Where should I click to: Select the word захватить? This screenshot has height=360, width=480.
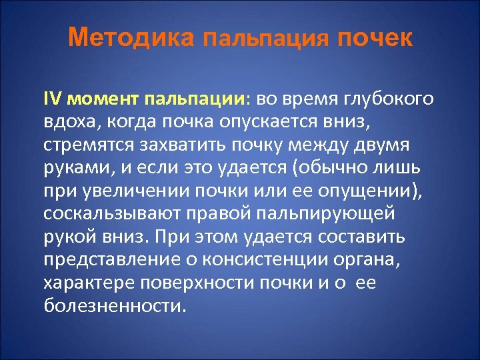178,146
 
